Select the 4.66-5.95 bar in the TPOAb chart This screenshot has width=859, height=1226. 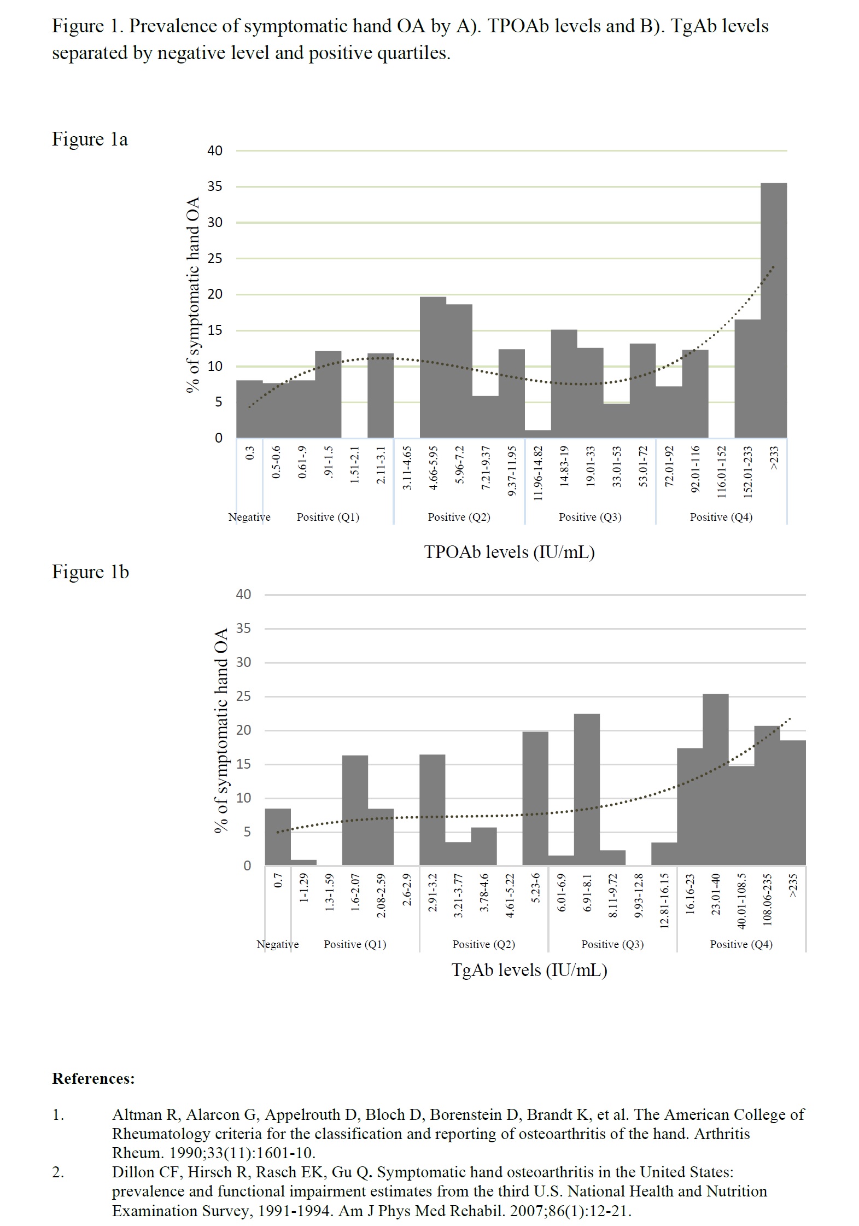pyautogui.click(x=433, y=367)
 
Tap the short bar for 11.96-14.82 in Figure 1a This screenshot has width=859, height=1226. pyautogui.click(x=537, y=434)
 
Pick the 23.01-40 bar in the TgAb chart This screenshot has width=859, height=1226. pyautogui.click(x=715, y=779)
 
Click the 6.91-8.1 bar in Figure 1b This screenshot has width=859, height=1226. pyautogui.click(x=587, y=789)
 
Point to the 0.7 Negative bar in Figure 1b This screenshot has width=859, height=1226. pyautogui.click(x=278, y=836)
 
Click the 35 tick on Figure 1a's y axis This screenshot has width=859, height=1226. pyautogui.click(x=215, y=187)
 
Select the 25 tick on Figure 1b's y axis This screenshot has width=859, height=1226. pyautogui.click(x=243, y=696)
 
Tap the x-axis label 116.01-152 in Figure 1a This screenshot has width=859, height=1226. pyautogui.click(x=722, y=471)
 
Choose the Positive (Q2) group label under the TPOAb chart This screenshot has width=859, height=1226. pyautogui.click(x=459, y=517)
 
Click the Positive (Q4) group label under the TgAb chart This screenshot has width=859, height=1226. pyautogui.click(x=741, y=944)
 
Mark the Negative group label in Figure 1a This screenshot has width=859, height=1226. pyautogui.click(x=249, y=517)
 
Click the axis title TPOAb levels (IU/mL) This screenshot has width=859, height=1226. pyautogui.click(x=509, y=551)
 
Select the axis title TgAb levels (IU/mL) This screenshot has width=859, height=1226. pyautogui.click(x=529, y=970)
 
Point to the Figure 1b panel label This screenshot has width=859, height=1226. pyautogui.click(x=90, y=572)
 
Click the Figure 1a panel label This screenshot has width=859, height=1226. pyautogui.click(x=90, y=139)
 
